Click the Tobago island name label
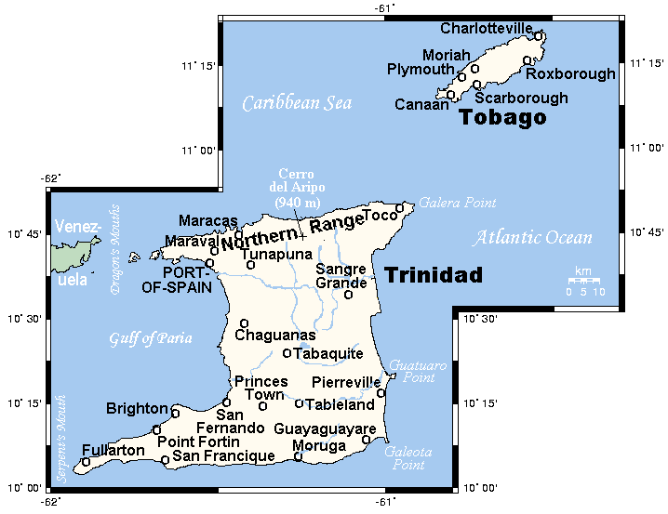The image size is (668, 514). tap(501, 118)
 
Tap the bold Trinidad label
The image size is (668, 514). tap(434, 275)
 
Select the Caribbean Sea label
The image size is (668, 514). tap(297, 103)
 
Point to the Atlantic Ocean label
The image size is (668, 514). tap(532, 238)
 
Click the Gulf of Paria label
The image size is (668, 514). tap(150, 338)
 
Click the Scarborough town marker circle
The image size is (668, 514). tap(476, 85)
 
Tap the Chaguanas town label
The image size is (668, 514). tap(275, 336)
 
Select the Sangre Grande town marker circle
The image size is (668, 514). tap(348, 295)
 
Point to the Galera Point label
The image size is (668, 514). tap(457, 203)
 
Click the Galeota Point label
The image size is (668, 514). tap(407, 458)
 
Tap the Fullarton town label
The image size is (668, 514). tap(114, 451)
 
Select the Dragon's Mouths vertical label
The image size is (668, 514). tap(116, 250)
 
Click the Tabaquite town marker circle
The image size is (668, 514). tap(287, 353)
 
